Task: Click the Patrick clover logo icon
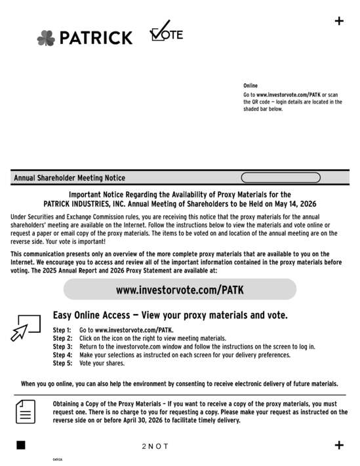46,38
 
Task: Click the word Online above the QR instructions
250,86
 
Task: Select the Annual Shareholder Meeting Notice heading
70,178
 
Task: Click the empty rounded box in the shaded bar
281,178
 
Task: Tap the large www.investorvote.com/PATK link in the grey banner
180,289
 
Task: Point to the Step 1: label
62,330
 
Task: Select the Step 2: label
62,338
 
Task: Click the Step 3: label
62,346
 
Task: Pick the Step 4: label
62,355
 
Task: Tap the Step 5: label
62,363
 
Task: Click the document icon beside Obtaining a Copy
26,412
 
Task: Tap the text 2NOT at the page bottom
155,446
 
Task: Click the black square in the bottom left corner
21,446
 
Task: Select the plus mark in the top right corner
339,21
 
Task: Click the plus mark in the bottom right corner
339,446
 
